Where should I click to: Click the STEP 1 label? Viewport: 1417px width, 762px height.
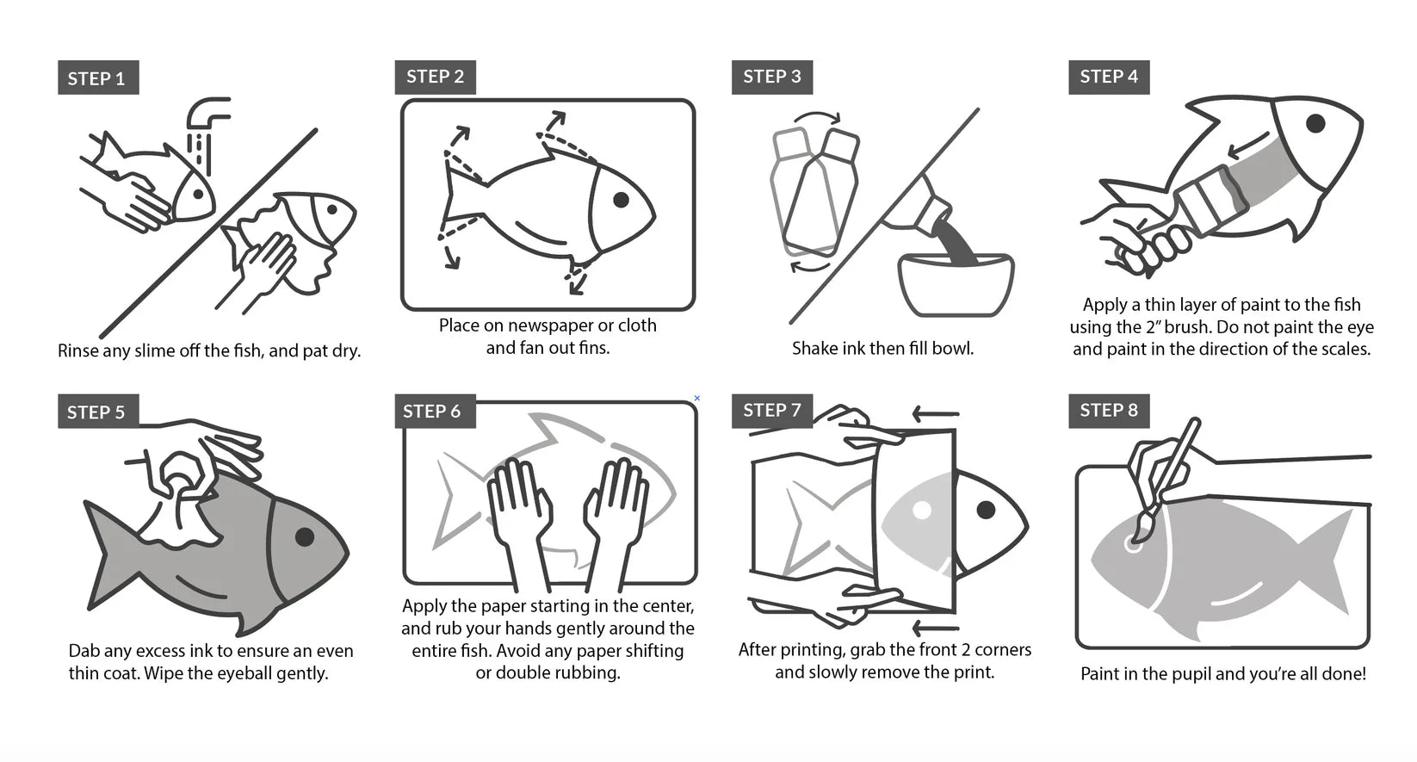coord(98,77)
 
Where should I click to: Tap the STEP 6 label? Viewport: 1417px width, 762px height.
coord(435,411)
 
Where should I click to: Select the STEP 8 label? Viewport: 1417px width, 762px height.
coord(1109,411)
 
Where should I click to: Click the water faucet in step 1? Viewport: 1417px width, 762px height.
coord(207,114)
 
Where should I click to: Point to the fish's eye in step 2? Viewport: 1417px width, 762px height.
coord(622,200)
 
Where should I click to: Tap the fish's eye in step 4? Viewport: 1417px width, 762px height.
coord(1315,123)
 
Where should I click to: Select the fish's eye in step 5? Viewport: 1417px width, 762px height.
coord(305,536)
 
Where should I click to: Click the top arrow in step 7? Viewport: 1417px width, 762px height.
coord(937,415)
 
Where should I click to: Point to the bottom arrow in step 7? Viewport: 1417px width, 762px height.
coord(937,629)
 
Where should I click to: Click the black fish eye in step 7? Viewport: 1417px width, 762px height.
coord(986,510)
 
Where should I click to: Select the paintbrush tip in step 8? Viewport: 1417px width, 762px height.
coord(1142,530)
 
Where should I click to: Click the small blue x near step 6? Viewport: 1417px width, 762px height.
coord(697,398)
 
